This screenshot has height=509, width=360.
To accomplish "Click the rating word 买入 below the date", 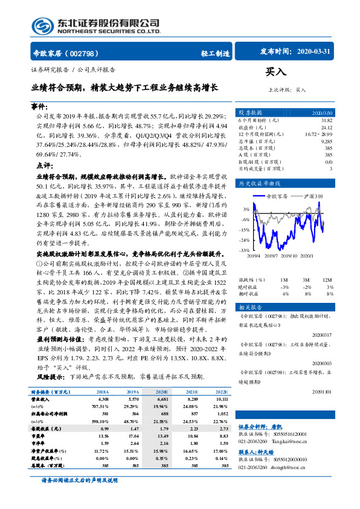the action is [276, 72].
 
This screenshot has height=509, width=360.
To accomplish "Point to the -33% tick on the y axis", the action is [244, 249].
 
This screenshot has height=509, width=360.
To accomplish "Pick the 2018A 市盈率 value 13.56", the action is [103, 435].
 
